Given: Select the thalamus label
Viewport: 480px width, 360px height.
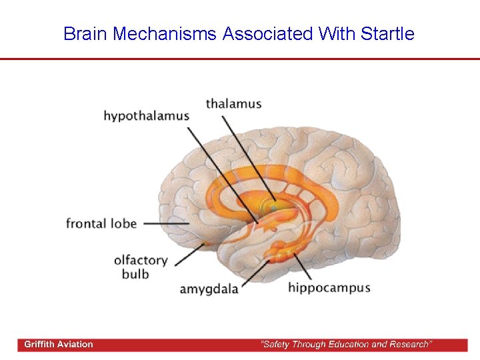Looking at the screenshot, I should [233, 104].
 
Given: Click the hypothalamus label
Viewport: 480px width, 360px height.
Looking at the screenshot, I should [146, 116].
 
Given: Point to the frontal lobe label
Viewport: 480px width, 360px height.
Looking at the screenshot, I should [101, 223].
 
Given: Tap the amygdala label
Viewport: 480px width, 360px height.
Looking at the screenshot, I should [209, 289].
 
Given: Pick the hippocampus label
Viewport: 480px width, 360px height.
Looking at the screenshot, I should [329, 288].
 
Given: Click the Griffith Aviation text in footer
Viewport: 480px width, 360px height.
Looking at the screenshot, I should [59, 345].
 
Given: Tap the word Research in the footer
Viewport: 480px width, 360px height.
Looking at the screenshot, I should [408, 345].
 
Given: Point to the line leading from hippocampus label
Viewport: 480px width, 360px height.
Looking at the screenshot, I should [300, 267].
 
